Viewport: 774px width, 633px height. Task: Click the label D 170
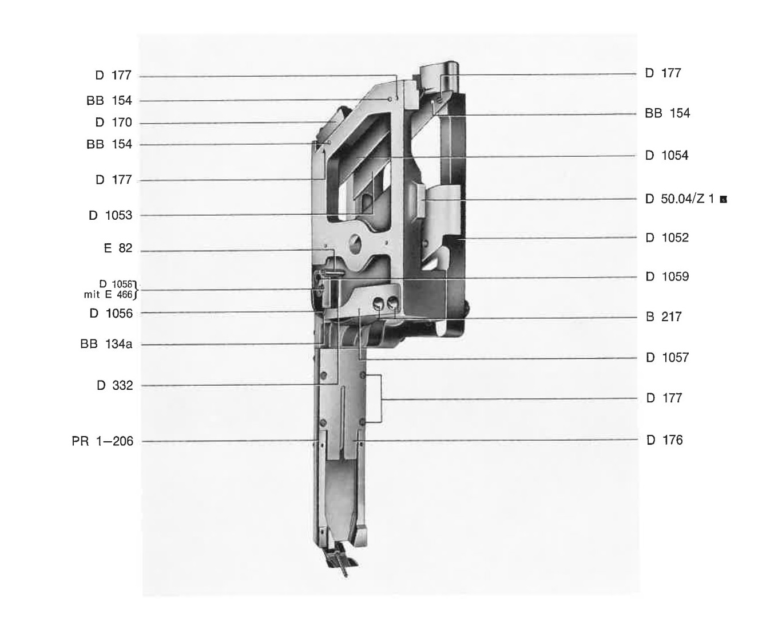(113, 122)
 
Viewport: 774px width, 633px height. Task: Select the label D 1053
(110, 215)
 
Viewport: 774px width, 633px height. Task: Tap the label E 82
(118, 248)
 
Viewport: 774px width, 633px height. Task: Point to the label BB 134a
(106, 344)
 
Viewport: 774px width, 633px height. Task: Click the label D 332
(114, 385)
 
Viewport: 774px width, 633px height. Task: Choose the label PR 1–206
(102, 441)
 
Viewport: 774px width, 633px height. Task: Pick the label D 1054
(666, 155)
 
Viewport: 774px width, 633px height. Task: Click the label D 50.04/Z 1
(680, 199)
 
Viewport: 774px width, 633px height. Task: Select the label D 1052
(667, 238)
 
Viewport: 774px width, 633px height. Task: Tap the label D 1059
(667, 276)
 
